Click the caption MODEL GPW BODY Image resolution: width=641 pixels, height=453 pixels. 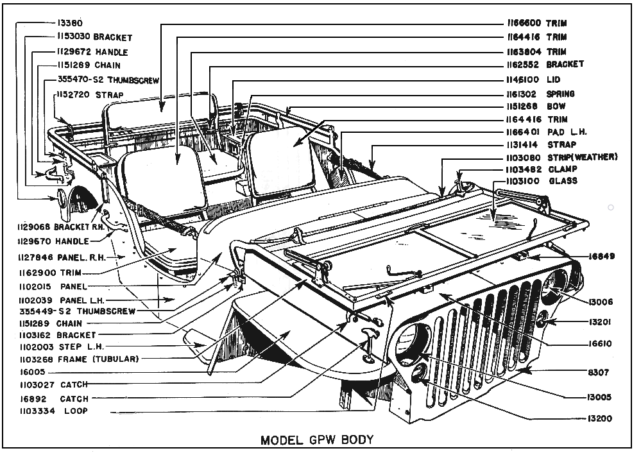click(x=316, y=440)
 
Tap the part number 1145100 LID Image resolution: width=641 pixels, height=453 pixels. click(x=532, y=80)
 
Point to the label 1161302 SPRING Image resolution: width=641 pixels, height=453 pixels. click(x=539, y=94)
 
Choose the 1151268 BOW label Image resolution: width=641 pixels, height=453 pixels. click(x=534, y=106)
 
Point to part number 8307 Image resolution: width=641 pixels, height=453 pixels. click(x=598, y=372)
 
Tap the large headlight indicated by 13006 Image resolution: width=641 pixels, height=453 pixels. click(x=556, y=286)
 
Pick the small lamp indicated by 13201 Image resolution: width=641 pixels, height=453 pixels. click(x=542, y=319)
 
